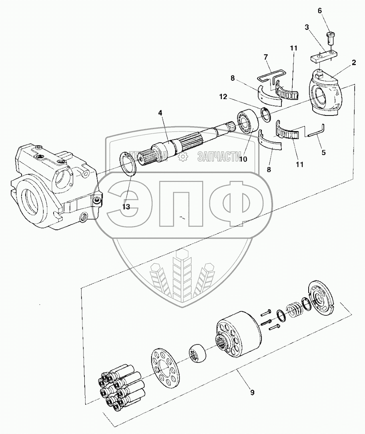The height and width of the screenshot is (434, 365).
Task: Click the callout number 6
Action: click(x=320, y=11)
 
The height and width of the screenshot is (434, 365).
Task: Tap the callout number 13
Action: click(x=126, y=207)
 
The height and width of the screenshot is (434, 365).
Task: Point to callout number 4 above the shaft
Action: click(x=160, y=113)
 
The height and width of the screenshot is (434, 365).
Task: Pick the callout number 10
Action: click(x=243, y=159)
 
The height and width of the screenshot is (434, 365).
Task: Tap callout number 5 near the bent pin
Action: click(x=324, y=152)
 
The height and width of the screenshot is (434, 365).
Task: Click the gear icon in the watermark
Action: click(x=183, y=157)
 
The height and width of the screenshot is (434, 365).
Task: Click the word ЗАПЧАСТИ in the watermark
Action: click(x=219, y=156)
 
